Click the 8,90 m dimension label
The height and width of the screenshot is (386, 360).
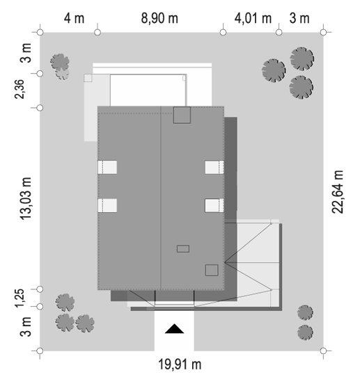point(159,19)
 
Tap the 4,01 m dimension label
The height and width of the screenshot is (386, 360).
point(253,19)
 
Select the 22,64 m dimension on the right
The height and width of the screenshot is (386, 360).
point(337,192)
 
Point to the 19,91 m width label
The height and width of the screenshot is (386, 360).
point(180,364)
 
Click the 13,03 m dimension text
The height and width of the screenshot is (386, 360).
point(26,198)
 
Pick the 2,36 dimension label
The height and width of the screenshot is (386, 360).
point(19,89)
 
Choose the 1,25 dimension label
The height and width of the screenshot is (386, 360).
point(19,298)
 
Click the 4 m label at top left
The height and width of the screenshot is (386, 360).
point(74,19)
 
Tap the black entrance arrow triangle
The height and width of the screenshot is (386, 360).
point(174,329)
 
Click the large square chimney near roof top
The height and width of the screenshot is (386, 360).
point(182,115)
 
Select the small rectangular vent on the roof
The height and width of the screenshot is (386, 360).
point(183,248)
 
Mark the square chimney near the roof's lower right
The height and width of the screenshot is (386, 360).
point(212,271)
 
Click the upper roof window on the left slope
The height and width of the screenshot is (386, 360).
point(107,167)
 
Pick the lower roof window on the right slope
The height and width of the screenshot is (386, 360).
point(214,205)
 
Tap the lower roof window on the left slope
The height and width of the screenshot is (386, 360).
point(107,205)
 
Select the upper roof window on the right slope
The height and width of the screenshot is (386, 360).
point(214,167)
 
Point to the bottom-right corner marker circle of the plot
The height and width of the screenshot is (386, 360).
point(323,351)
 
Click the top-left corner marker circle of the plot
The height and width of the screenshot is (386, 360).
point(40,32)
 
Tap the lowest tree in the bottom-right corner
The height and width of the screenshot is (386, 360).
point(305,332)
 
